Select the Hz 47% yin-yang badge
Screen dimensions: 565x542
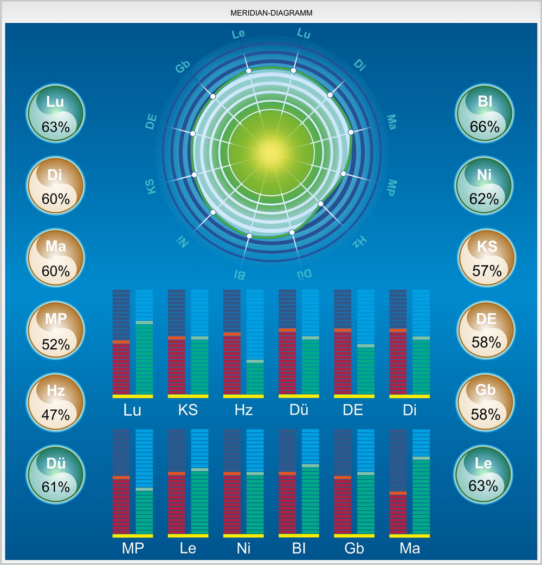coord(56,401)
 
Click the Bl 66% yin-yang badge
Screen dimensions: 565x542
coord(485,113)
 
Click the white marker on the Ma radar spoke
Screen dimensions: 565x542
coord(351,132)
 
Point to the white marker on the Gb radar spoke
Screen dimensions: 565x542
coord(213,96)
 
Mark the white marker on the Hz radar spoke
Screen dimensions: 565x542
coord(320,204)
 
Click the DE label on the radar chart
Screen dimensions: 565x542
coord(153,123)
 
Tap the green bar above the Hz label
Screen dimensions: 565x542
coord(255,378)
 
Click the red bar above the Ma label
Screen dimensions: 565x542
coord(398,514)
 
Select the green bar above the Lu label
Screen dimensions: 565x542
coord(144,359)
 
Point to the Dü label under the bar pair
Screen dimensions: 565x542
coord(298,410)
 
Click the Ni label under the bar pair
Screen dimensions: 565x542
coord(243,549)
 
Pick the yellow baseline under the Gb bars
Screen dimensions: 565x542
coord(354,536)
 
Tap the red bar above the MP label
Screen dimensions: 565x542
coord(121,506)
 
